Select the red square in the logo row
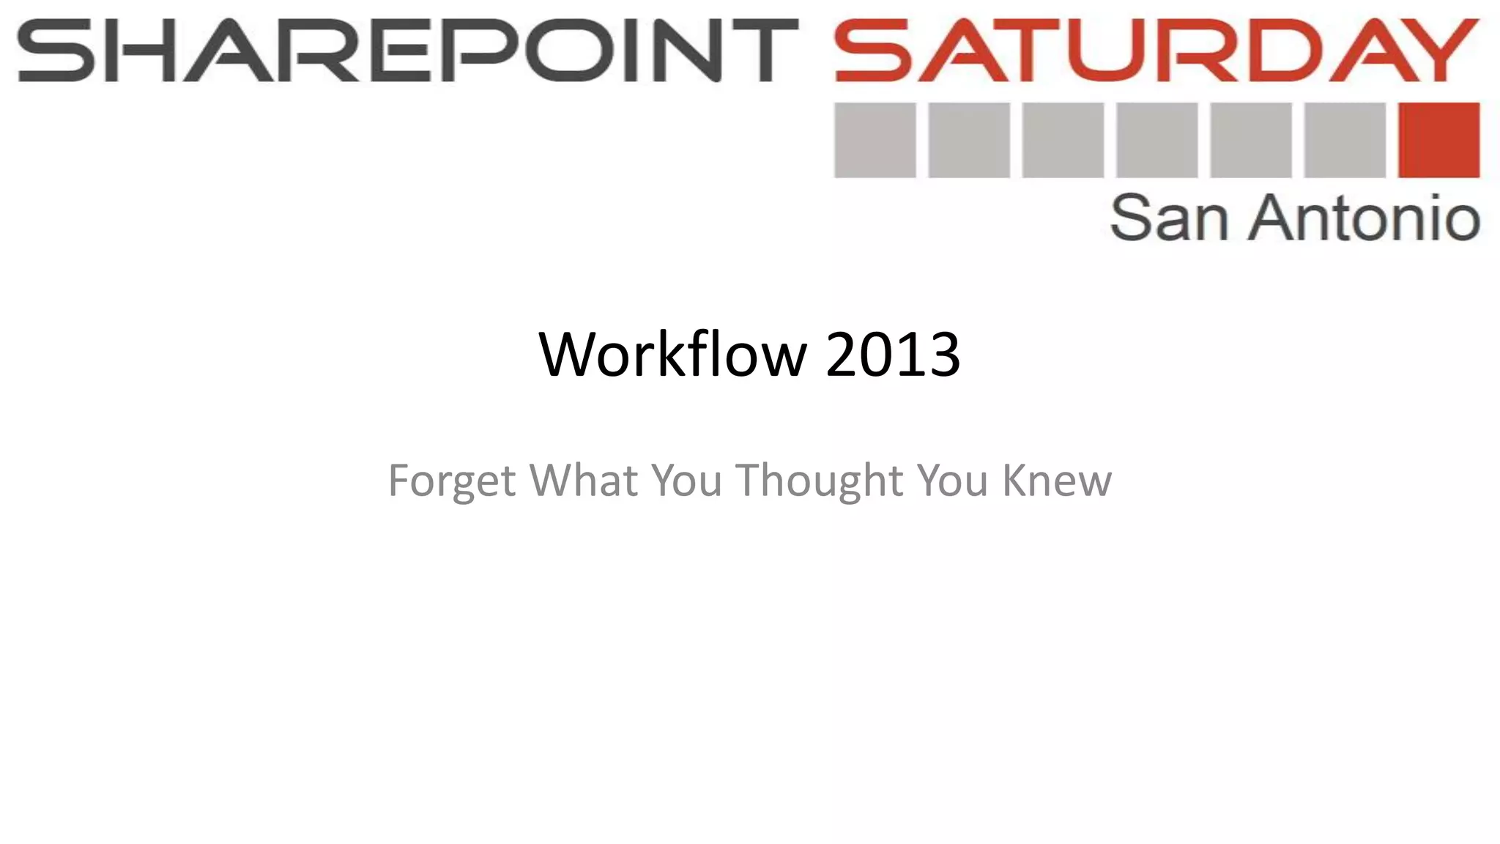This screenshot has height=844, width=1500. [1438, 140]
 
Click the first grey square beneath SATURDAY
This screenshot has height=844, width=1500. [875, 140]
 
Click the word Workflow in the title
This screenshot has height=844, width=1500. [672, 355]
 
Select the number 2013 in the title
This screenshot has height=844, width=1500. [893, 355]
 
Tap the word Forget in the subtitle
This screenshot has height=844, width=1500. [451, 481]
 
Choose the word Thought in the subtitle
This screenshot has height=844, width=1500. [819, 481]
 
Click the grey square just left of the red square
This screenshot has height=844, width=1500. [1345, 140]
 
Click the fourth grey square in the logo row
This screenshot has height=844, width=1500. [1156, 140]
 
